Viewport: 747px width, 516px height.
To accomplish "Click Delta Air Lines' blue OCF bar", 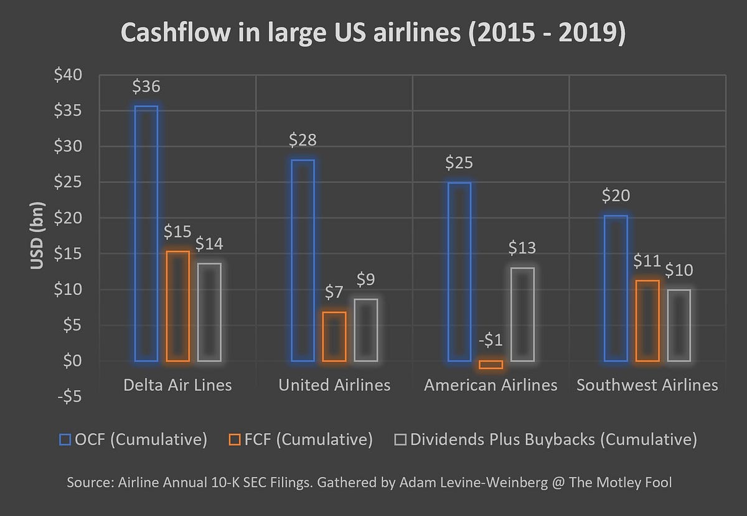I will click(x=146, y=233).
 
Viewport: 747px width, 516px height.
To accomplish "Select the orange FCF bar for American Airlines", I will click(x=491, y=365).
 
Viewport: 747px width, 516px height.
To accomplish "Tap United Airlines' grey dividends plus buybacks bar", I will click(x=365, y=330).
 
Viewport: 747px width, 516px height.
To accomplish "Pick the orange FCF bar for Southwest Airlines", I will click(x=647, y=321).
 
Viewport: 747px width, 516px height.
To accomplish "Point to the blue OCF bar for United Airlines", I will click(x=303, y=260).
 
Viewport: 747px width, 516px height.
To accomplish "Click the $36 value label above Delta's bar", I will click(x=146, y=87).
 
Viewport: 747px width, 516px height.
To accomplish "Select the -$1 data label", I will click(x=491, y=340).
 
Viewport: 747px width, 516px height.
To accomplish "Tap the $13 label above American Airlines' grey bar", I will click(x=522, y=248).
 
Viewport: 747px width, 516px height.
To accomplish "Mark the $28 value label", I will click(x=303, y=140).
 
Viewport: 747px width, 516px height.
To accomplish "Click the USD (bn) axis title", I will click(x=37, y=236).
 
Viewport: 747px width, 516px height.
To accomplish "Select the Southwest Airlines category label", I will click(x=647, y=385).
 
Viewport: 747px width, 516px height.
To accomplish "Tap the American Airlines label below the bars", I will click(x=491, y=385).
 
